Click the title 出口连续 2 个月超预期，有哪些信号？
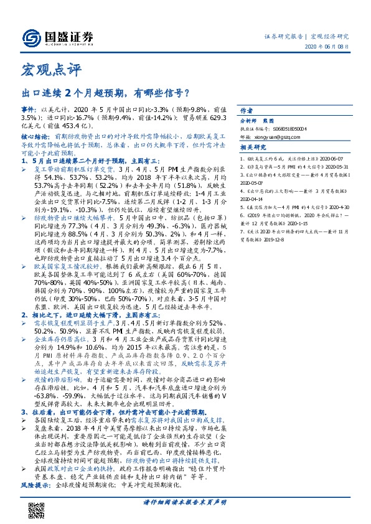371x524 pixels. coord(106,94)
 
